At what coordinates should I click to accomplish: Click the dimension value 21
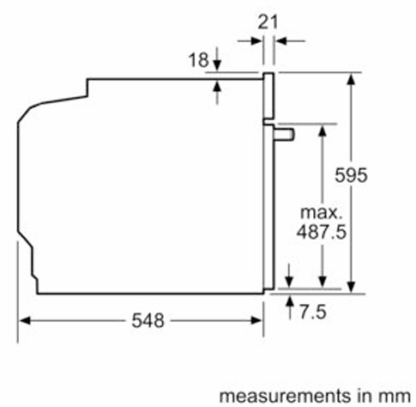tap(268, 22)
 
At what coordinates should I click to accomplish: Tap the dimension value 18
tap(198, 60)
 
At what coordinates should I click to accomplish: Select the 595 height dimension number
tap(351, 175)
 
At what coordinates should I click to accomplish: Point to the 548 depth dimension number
tap(148, 320)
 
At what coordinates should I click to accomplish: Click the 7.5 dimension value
tap(313, 312)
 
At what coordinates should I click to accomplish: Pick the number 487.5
tap(322, 232)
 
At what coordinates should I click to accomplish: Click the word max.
tap(322, 213)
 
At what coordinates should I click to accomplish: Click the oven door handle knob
tap(284, 134)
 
